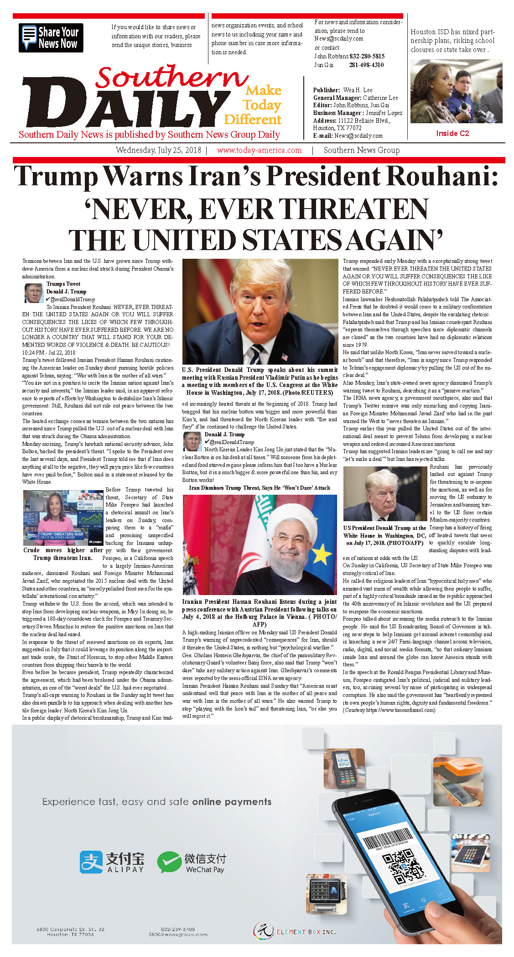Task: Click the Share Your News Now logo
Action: [x=51, y=37]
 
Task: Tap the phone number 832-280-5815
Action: [x=367, y=56]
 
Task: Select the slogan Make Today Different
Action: [x=254, y=105]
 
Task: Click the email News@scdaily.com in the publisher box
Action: [x=358, y=136]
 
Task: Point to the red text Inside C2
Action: [x=452, y=133]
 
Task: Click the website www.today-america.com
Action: [x=259, y=150]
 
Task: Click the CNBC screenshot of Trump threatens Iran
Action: [x=63, y=518]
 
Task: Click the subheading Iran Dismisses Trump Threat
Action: [x=260, y=488]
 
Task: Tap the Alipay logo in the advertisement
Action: [x=112, y=862]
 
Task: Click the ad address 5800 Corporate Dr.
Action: [x=70, y=929]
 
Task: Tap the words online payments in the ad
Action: [x=232, y=802]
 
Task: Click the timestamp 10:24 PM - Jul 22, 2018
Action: [x=49, y=352]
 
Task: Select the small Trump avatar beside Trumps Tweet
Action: [x=33, y=293]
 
